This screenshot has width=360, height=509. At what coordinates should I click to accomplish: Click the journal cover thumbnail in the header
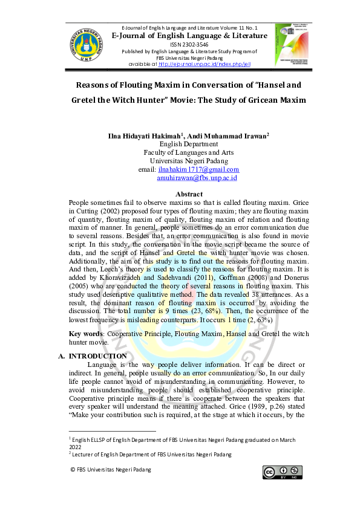pyautogui.click(x=291, y=44)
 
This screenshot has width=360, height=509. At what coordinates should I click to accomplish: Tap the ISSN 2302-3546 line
pyautogui.click(x=189, y=45)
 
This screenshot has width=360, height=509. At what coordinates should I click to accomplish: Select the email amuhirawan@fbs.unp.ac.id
pyautogui.click(x=197, y=178)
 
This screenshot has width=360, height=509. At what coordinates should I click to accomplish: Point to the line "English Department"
pyautogui.click(x=189, y=144)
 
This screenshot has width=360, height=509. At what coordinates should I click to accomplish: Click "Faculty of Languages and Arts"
pyautogui.click(x=189, y=153)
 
